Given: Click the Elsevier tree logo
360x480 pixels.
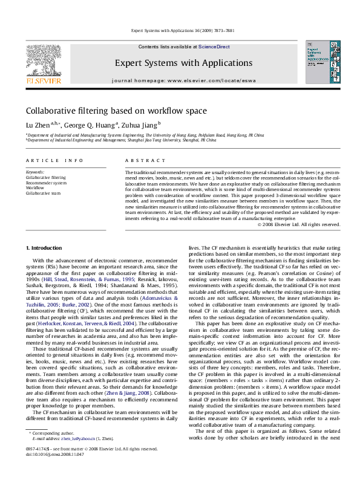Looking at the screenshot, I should (x=43, y=60).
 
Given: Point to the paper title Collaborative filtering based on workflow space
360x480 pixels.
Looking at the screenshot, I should (x=116, y=111).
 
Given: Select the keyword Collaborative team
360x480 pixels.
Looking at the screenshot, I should (x=44, y=193).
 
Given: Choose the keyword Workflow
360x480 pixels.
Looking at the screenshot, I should (x=35, y=188).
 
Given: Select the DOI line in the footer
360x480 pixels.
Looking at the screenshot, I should (x=53, y=472).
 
